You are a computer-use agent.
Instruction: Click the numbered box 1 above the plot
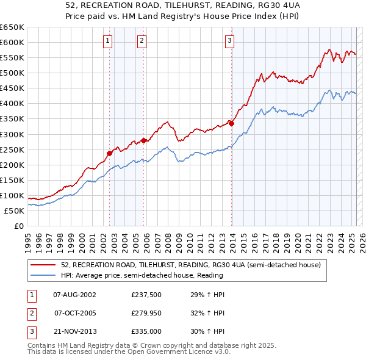pos(107,41)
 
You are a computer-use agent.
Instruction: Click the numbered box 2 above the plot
pos(142,41)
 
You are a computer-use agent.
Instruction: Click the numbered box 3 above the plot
pos(229,41)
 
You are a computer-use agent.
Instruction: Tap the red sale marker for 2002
pos(110,153)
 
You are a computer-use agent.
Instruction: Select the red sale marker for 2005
pos(144,140)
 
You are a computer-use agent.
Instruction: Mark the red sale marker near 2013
pos(232,123)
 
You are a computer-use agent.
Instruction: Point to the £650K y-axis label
pos(12,27)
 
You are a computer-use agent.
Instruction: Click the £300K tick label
pos(12,134)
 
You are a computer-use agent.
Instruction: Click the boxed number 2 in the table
pos(30,313)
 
